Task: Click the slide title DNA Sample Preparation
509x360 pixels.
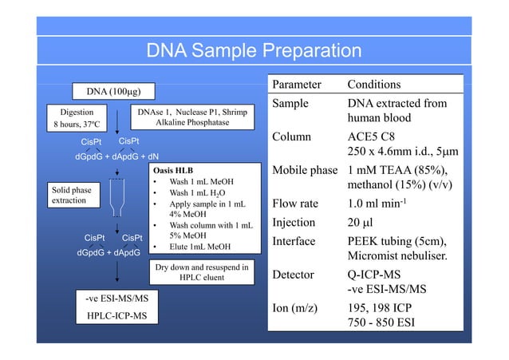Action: pyautogui.click(x=254, y=52)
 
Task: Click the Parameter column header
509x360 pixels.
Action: pyautogui.click(x=297, y=85)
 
